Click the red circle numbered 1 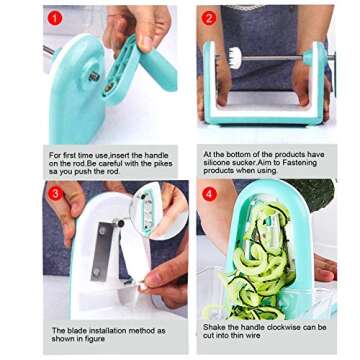click(55, 18)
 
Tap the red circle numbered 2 click(209, 18)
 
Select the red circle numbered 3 click(55, 194)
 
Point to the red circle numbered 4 click(210, 194)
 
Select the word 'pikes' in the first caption click(162, 164)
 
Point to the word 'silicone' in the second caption click(216, 163)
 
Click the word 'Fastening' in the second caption click(301, 163)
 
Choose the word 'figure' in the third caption click(95, 339)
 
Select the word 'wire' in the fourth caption click(253, 335)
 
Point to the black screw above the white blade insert click(120, 223)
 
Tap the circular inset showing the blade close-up click(158, 211)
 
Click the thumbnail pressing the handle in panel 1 click(145, 42)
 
